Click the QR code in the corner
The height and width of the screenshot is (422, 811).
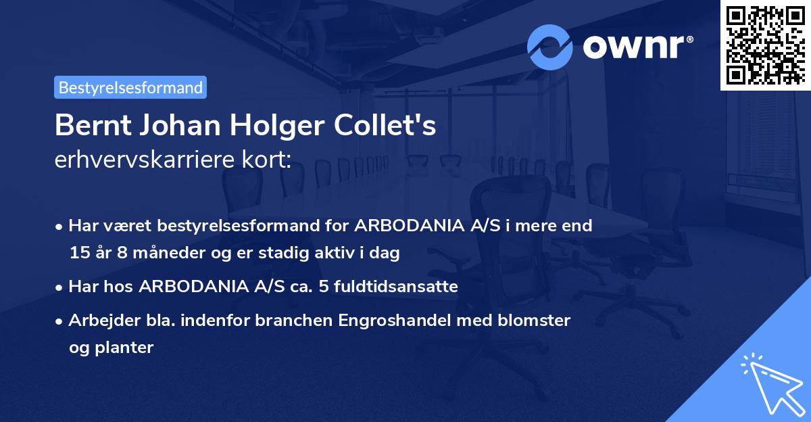click(765, 45)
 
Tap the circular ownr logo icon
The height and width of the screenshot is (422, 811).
click(550, 47)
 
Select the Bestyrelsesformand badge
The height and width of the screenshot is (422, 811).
click(130, 87)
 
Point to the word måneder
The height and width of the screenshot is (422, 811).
click(149, 253)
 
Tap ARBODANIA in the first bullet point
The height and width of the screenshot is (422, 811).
click(414, 225)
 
